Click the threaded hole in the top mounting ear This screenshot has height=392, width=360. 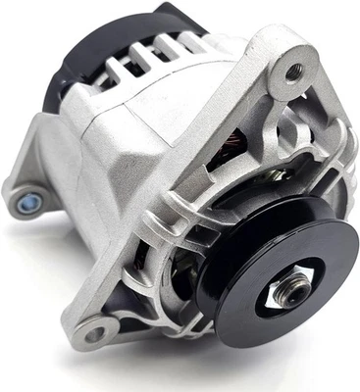(294, 71)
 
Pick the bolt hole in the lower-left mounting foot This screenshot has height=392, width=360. (96, 334)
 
